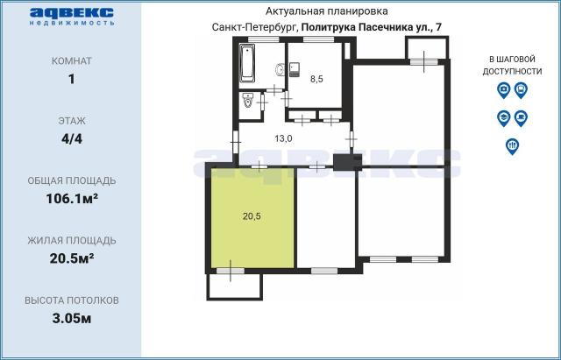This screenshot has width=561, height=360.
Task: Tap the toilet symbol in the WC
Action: click(249, 102)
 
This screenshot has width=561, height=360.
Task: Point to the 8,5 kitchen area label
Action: click(316, 79)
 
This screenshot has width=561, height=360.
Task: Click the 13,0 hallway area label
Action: click(283, 138)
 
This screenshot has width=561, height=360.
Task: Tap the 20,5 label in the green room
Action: click(252, 216)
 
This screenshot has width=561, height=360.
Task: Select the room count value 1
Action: click(71, 79)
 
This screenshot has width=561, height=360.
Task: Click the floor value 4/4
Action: click(71, 138)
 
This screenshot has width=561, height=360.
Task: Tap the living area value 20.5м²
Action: click(71, 258)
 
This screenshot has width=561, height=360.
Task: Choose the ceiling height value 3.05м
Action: click(71, 317)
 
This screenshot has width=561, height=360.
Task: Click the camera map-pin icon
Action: click(503, 89)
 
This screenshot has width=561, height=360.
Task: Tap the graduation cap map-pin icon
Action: click(503, 116)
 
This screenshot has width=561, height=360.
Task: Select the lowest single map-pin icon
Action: click(512, 145)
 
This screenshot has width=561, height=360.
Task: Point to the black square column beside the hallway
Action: click(342, 161)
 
